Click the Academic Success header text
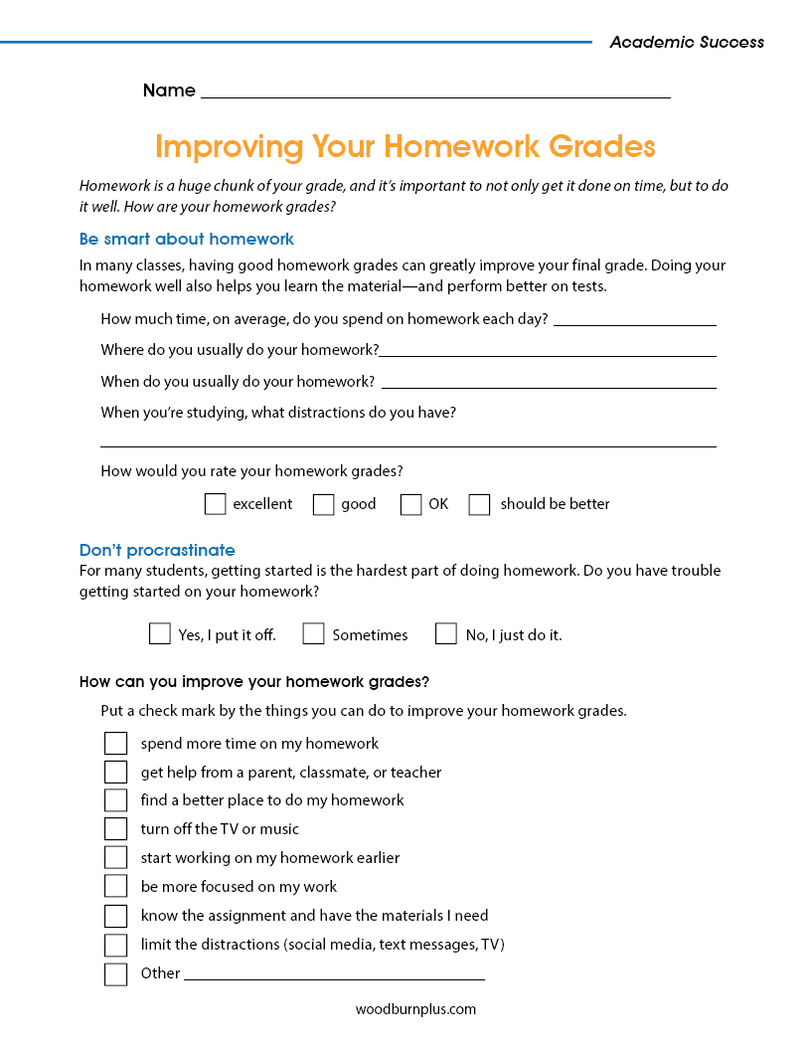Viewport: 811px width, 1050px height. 687,42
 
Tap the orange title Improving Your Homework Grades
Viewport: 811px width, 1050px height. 405,147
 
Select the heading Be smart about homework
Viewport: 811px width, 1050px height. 187,239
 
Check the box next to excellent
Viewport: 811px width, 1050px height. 215,504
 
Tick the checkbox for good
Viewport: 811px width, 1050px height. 323,504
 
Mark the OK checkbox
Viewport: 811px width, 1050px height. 410,504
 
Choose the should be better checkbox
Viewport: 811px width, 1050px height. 479,504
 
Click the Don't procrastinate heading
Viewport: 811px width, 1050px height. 157,550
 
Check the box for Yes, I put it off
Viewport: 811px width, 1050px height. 159,633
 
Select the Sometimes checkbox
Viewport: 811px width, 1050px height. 313,633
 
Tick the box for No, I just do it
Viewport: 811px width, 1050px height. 446,633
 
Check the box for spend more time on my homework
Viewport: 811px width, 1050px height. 116,744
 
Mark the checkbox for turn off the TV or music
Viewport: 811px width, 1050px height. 116,829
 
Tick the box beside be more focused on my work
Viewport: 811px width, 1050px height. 116,887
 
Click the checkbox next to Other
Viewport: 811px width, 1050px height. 116,973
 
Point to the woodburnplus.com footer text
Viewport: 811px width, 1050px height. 415,1009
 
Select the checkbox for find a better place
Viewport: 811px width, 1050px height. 116,800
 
